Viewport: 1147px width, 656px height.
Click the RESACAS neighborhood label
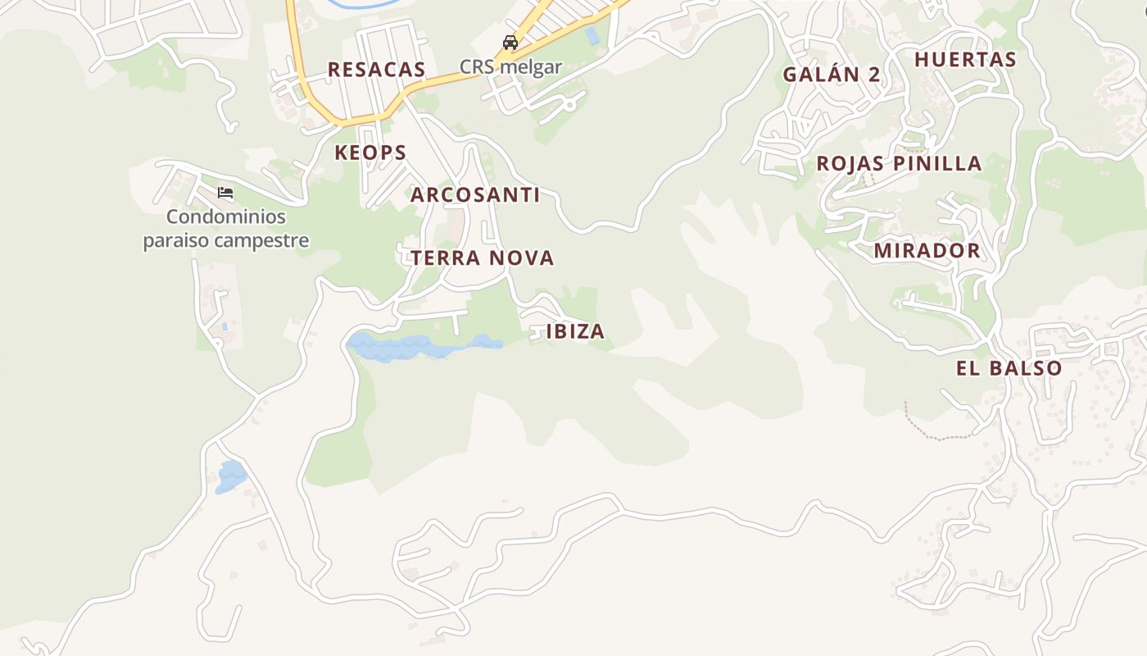(376, 70)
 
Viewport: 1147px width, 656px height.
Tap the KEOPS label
(370, 153)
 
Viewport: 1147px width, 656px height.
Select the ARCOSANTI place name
(474, 195)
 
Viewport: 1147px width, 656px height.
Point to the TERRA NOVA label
(482, 258)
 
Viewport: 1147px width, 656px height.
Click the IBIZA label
(575, 331)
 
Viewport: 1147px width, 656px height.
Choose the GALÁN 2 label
(831, 75)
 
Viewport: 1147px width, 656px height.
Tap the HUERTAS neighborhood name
(965, 60)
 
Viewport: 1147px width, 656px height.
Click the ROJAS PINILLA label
(899, 163)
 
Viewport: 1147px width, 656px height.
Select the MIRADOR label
(927, 251)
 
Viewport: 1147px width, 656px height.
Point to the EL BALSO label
(1009, 369)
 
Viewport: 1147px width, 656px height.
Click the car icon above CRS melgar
(510, 43)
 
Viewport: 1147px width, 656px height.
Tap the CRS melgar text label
(510, 66)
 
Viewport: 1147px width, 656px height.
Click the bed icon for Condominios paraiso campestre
(225, 194)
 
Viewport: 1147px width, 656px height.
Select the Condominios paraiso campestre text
(226, 229)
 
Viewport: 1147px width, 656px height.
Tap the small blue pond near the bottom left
(230, 476)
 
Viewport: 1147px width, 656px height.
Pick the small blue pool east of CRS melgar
(592, 35)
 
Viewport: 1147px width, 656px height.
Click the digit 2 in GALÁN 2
(873, 75)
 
